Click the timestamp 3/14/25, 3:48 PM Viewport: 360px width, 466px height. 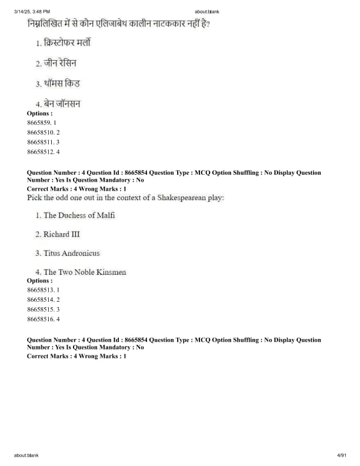(x=32, y=11)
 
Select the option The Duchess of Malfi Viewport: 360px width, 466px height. (x=79, y=215)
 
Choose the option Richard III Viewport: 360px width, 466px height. (x=61, y=234)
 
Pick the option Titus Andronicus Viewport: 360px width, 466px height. (x=71, y=254)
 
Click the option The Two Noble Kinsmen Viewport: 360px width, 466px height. (x=85, y=272)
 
